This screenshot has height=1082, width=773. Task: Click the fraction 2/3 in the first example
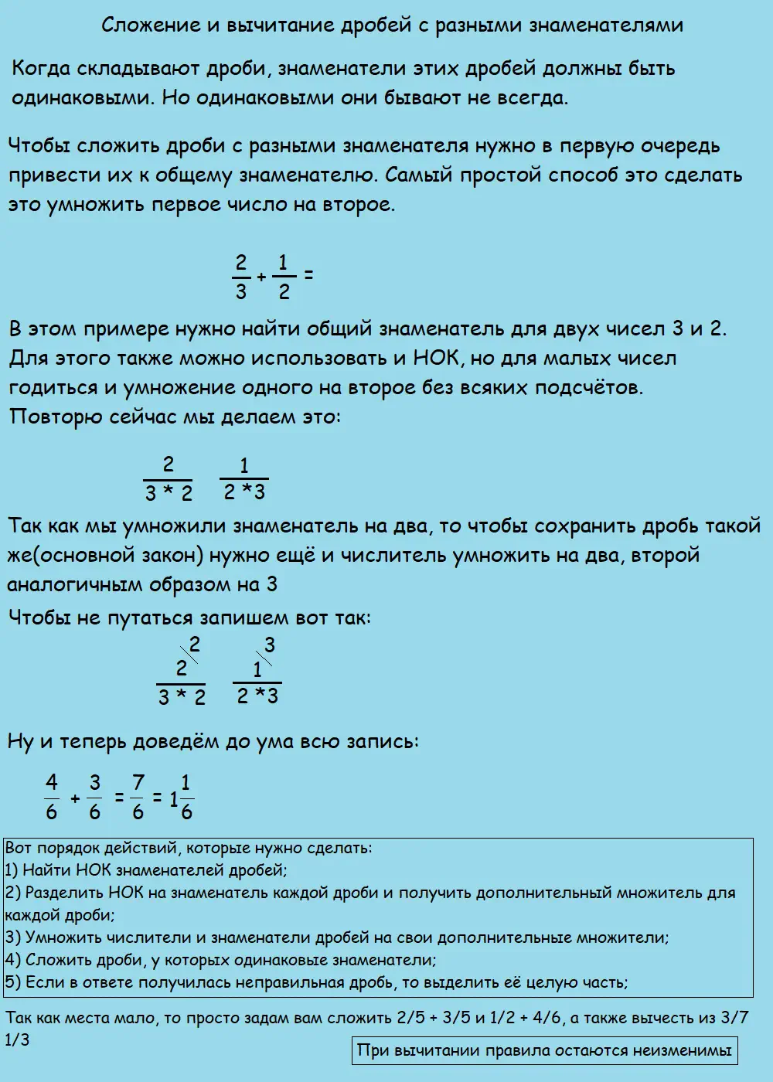pos(241,276)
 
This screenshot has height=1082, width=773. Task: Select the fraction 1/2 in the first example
pos(283,276)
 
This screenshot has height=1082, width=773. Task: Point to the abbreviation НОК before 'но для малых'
pos(439,359)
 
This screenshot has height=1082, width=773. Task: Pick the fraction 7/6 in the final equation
pos(138,797)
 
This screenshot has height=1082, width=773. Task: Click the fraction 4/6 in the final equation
pos(52,797)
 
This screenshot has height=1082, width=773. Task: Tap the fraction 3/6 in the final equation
pos(94,797)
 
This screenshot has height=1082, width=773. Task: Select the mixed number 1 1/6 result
pos(182,797)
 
